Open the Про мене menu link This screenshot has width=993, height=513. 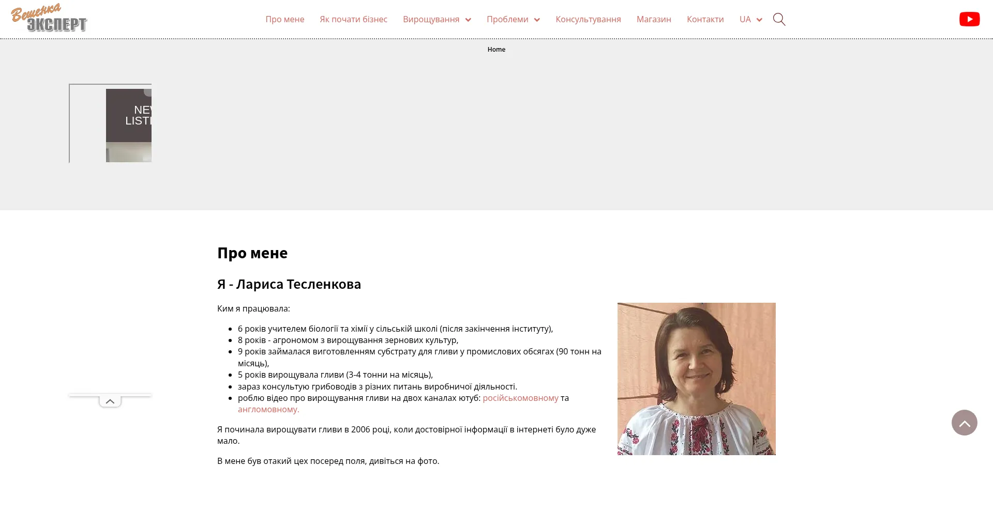tap(285, 20)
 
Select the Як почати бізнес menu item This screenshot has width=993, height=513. tap(353, 20)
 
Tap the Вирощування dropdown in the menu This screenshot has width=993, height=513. tap(437, 20)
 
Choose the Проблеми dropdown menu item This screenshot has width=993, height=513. tap(513, 20)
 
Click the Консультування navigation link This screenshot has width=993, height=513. tap(588, 20)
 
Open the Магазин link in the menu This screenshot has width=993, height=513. tap(654, 20)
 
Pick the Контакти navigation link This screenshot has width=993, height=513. tap(705, 20)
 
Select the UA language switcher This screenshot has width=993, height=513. tap(750, 20)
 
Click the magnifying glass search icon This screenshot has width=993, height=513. tap(779, 20)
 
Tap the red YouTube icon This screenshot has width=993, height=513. tap(969, 19)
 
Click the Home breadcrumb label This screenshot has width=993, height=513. tap(496, 50)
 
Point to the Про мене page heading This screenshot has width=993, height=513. tap(252, 253)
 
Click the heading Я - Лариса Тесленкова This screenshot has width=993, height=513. tap(289, 285)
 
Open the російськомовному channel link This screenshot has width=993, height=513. tap(520, 398)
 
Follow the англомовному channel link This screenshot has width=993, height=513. tap(268, 410)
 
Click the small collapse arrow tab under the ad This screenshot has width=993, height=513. tap(110, 401)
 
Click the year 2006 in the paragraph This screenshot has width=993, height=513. tap(361, 430)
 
